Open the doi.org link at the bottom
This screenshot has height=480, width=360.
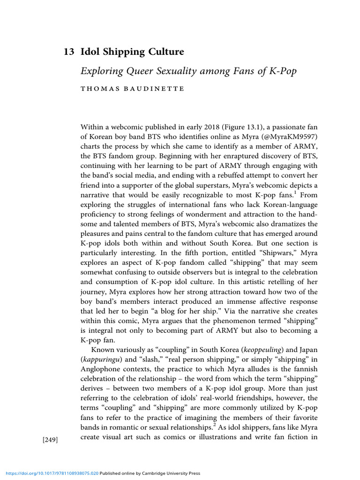click(x=49, y=473)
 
